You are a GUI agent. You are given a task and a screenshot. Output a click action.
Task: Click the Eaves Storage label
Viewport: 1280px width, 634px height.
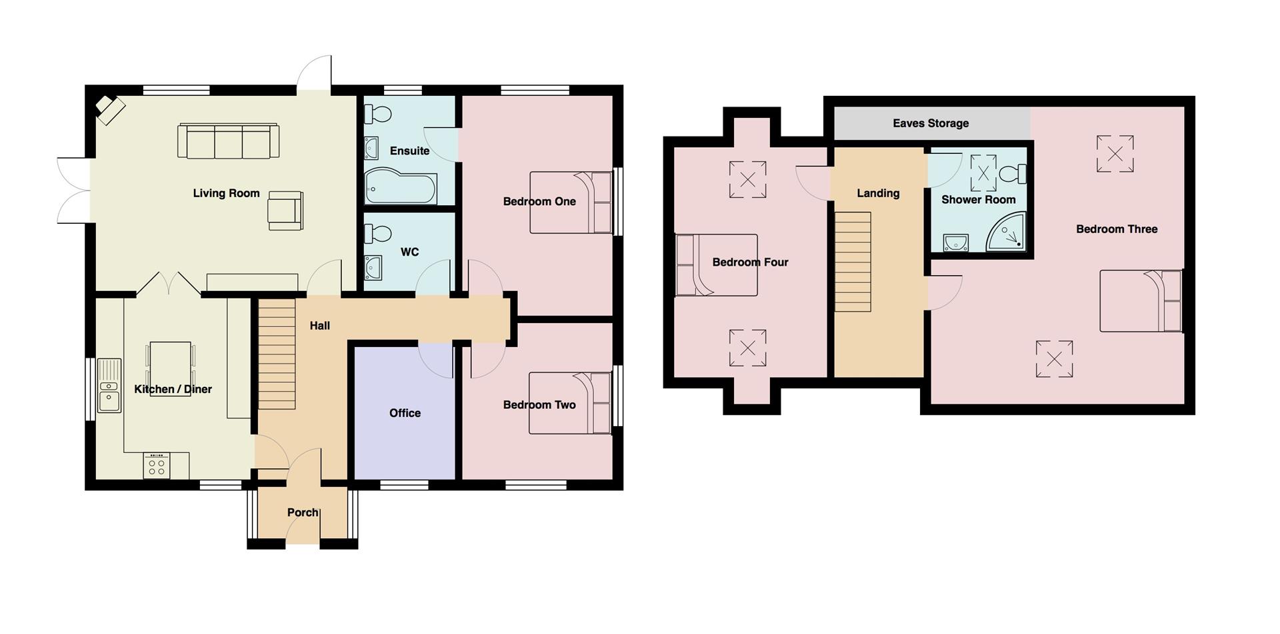click(930, 123)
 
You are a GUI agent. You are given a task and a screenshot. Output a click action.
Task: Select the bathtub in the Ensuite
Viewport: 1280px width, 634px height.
click(401, 189)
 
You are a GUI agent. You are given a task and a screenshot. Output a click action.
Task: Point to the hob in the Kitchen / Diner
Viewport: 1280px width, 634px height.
click(157, 465)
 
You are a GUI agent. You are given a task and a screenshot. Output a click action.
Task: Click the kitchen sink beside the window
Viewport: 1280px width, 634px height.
click(109, 386)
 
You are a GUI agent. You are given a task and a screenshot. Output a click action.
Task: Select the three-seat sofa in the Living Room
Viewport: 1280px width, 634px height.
click(228, 141)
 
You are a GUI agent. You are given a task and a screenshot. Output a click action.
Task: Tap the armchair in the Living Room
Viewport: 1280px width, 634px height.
click(285, 210)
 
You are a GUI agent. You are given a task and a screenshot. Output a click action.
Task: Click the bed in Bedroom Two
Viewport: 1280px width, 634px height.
click(570, 403)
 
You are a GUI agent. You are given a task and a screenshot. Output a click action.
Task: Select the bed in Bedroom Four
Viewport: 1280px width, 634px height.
click(717, 265)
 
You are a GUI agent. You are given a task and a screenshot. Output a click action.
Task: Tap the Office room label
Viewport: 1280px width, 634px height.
click(405, 413)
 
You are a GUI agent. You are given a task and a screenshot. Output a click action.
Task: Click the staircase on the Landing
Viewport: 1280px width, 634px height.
click(853, 262)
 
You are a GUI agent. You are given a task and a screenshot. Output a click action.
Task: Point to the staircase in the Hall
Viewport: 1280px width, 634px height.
click(277, 354)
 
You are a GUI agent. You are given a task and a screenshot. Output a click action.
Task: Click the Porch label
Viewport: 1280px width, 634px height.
click(302, 512)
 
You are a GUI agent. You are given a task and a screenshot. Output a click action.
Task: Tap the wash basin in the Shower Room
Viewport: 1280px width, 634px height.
click(955, 242)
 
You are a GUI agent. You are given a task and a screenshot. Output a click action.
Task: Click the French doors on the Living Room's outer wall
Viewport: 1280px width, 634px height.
click(73, 190)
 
